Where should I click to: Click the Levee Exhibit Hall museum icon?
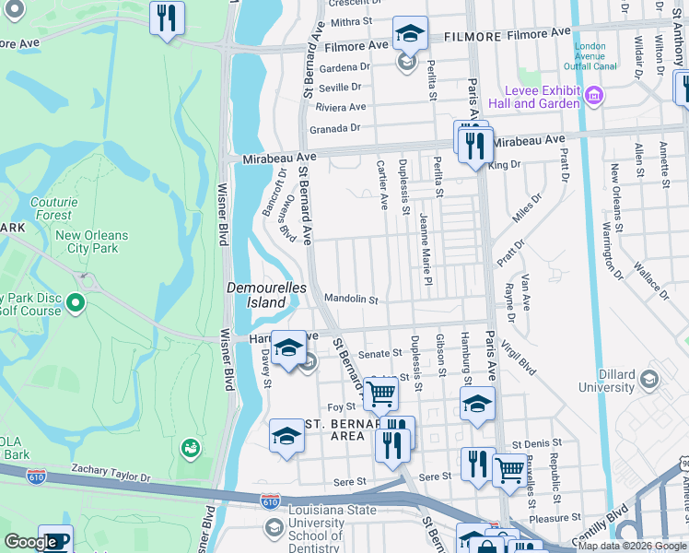pos(594,95)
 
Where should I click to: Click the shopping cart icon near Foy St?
pos(380,394)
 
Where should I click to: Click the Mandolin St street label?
pos(351,300)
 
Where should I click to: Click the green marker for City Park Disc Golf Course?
pos(76,302)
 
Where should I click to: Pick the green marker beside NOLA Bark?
pos(192,448)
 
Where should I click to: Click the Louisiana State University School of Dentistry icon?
pos(274,526)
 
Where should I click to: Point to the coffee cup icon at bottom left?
pos(54,541)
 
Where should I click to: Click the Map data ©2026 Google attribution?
pos(631,546)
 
